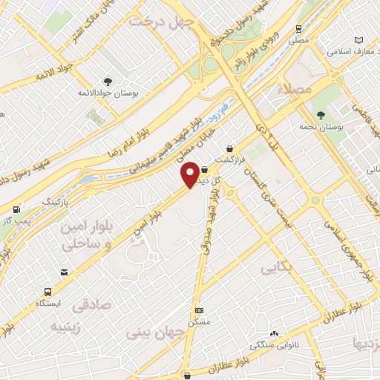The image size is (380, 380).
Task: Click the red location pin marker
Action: [191, 173]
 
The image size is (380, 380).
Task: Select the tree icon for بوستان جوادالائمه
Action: [109, 82]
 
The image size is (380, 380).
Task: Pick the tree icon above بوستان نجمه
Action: [321, 115]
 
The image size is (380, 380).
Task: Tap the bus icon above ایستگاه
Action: [48, 292]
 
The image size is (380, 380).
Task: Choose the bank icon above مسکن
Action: [198, 310]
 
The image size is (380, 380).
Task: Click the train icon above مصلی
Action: [298, 30]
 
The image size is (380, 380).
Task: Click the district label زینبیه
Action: [69, 326]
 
